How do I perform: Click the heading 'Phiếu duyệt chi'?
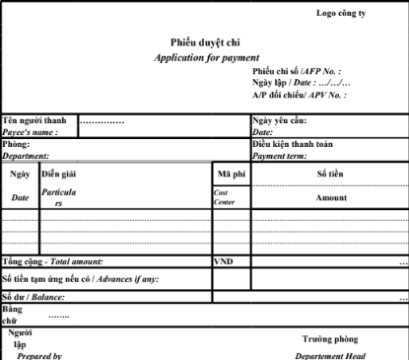pyautogui.click(x=206, y=43)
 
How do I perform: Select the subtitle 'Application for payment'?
pyautogui.click(x=207, y=58)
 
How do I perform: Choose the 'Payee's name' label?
pyautogui.click(x=31, y=131)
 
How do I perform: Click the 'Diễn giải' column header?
pyautogui.click(x=59, y=174)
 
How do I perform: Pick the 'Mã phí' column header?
pyautogui.click(x=231, y=174)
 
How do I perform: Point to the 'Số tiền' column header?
pyautogui.click(x=330, y=174)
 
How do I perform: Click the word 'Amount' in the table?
pyautogui.click(x=330, y=197)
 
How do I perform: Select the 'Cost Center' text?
pyautogui.click(x=225, y=197)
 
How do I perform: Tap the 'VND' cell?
pyautogui.click(x=224, y=262)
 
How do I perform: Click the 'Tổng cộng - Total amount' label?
pyautogui.click(x=52, y=262)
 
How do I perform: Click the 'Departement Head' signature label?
pyautogui.click(x=330, y=355)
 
